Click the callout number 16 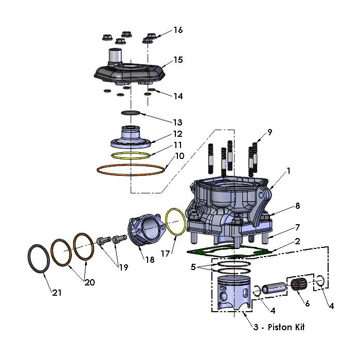[177, 30]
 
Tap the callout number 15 [178, 60]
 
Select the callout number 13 [177, 122]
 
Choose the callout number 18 [150, 260]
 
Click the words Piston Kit [285, 327]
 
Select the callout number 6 [307, 303]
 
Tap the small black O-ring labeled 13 [130, 113]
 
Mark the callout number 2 [298, 242]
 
